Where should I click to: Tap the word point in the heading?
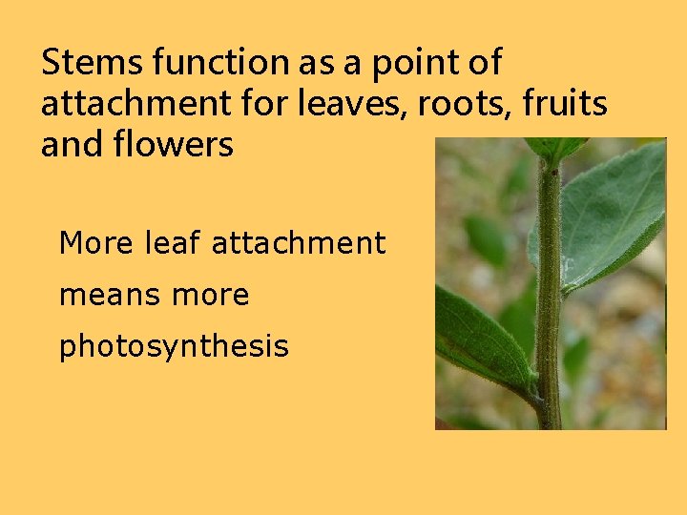click(x=406, y=63)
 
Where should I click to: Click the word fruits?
click(x=567, y=104)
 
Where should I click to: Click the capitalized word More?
click(x=96, y=244)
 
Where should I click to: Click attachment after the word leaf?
click(x=298, y=244)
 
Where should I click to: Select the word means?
click(x=107, y=296)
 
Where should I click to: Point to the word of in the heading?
click(x=484, y=63)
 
